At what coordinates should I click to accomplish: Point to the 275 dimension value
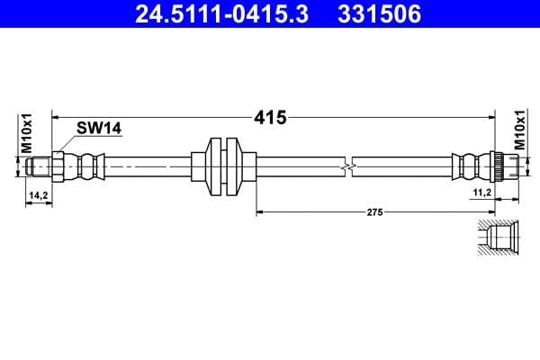(375, 212)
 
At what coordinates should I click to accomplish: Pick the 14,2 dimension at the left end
(38, 194)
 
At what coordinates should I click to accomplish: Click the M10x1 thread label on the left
(26, 132)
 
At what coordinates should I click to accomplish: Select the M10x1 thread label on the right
(519, 132)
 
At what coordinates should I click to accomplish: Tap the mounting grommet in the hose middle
(223, 166)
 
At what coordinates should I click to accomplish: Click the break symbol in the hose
(349, 166)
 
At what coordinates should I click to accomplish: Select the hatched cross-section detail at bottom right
(496, 238)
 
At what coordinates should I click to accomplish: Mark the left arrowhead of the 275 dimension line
(262, 212)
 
